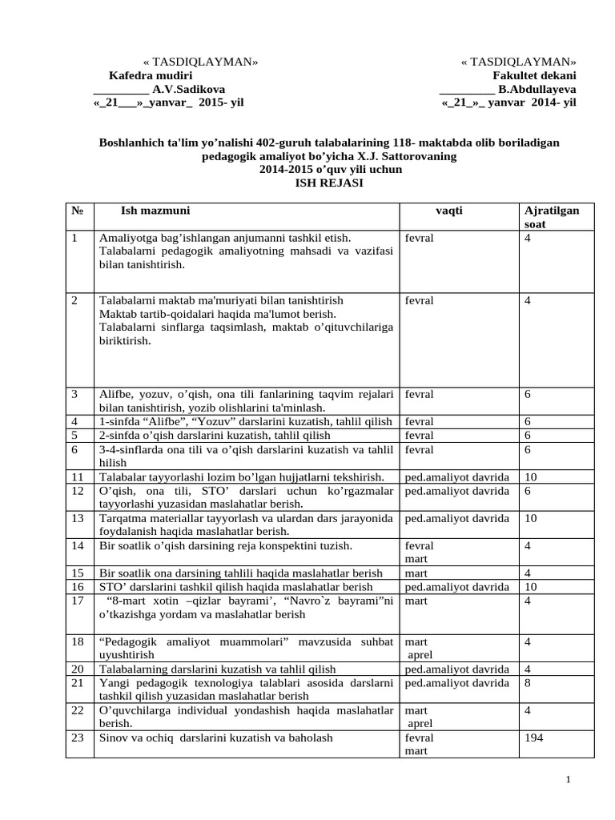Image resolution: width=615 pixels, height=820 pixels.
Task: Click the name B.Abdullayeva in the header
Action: point(537,89)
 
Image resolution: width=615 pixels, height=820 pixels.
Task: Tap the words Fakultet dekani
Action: point(533,75)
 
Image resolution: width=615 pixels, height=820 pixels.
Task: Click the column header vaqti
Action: point(449,211)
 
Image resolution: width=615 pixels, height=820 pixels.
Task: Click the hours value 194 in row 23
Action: point(533,738)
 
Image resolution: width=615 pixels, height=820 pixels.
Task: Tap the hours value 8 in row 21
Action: point(527,683)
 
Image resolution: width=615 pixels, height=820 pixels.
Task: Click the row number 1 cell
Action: point(74,239)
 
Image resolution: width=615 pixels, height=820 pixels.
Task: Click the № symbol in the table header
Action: point(78,211)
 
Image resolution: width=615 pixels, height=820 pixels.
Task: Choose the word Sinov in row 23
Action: point(113,738)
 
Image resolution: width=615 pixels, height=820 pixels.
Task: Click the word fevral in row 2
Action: point(420,300)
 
